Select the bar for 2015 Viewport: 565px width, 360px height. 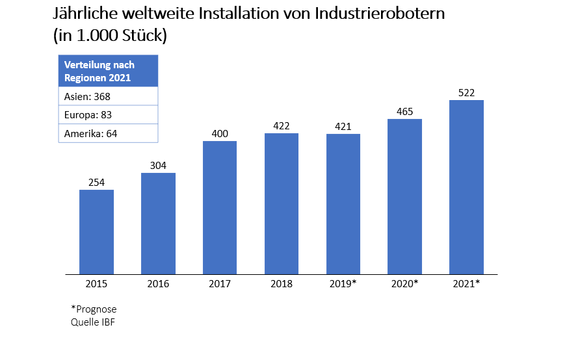[96, 231]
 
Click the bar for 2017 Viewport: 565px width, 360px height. [220, 207]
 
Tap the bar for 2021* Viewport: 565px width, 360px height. [466, 186]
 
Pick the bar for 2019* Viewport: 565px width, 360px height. [343, 203]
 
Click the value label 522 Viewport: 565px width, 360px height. [466, 93]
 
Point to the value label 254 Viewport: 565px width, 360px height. [96, 183]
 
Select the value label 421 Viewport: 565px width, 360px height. [343, 127]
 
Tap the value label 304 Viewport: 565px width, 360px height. [158, 166]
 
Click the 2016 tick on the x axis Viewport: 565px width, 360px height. [158, 284]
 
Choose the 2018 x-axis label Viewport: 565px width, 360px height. [282, 284]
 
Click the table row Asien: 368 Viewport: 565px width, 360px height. [109, 96]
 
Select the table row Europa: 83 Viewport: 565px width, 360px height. [109, 115]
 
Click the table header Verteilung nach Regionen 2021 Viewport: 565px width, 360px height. [109, 71]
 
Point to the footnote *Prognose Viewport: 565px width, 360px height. [94, 309]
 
